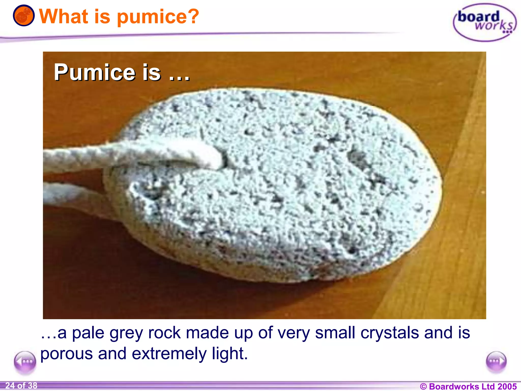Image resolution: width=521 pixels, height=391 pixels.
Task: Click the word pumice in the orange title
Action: tap(149, 17)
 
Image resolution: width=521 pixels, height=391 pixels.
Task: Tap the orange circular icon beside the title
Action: tap(24, 16)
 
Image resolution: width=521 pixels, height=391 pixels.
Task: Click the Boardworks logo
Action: tap(484, 22)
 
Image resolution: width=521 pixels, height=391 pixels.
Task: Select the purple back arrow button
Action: tap(25, 362)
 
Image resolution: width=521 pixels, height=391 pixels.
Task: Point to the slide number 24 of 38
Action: tap(21, 386)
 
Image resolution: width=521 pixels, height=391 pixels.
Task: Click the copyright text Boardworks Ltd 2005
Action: tap(468, 386)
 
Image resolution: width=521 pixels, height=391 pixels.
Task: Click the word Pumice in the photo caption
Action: tap(94, 73)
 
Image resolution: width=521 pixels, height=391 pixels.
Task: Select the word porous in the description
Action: tap(66, 354)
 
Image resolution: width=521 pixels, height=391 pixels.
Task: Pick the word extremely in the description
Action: tap(169, 354)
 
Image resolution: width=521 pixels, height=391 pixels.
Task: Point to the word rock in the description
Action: tap(164, 333)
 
